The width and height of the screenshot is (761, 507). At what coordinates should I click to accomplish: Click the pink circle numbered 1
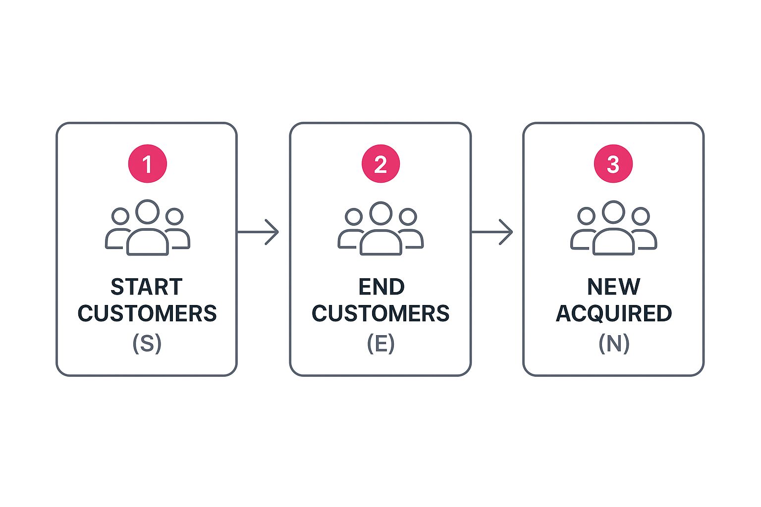tap(147, 164)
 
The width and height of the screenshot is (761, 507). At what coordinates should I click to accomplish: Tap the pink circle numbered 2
tap(380, 164)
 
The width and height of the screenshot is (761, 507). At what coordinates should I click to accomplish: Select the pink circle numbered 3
tap(613, 164)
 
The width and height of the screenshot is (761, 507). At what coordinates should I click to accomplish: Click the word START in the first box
tap(147, 287)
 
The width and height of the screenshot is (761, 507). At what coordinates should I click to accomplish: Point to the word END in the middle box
tap(381, 287)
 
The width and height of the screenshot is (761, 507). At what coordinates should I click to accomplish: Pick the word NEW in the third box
tap(614, 287)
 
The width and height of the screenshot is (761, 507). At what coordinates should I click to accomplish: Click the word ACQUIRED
tap(614, 313)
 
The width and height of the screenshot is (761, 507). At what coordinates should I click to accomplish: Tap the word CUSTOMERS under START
tap(147, 313)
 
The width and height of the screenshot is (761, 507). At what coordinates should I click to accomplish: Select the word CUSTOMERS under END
tap(380, 313)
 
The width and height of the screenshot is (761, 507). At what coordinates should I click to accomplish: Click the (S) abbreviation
tap(147, 343)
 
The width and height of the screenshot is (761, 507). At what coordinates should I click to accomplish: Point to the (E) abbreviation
tap(380, 343)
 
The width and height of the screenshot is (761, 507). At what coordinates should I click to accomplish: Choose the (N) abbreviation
tap(614, 343)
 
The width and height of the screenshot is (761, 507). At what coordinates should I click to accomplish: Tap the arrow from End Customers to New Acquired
tap(492, 232)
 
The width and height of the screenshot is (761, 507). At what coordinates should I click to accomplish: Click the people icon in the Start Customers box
tap(147, 228)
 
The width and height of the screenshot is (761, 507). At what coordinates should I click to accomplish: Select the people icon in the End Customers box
tap(380, 228)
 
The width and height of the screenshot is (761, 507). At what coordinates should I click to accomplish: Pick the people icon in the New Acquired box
tap(613, 228)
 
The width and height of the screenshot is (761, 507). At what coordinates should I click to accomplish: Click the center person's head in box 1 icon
tap(147, 212)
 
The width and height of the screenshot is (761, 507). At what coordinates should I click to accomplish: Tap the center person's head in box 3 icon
tap(613, 212)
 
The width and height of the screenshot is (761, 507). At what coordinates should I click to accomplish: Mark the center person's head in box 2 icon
tap(380, 213)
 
